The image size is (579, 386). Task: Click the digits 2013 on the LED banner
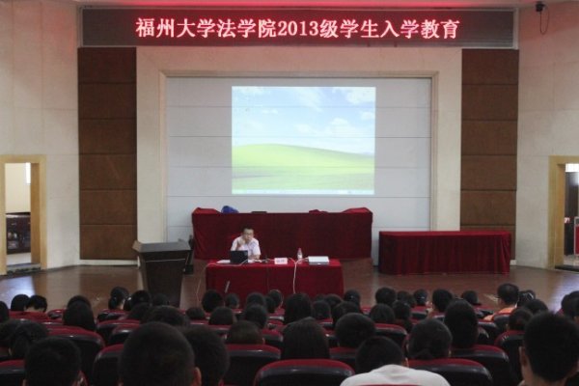click(298, 28)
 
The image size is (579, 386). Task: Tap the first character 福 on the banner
click(145, 28)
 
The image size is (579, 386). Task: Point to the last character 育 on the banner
click(450, 28)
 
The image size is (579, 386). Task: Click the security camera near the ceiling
click(540, 7)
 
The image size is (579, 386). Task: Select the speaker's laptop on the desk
click(238, 257)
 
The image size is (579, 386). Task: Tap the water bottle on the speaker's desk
click(299, 254)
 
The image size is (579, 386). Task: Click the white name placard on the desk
click(281, 261)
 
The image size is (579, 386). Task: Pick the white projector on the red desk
click(317, 260)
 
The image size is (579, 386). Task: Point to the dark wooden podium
click(162, 269)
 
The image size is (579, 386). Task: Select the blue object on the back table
click(230, 208)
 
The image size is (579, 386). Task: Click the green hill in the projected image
click(303, 166)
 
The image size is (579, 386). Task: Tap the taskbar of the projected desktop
click(303, 192)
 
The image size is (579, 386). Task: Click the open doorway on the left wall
click(17, 213)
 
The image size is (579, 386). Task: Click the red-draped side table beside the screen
click(445, 252)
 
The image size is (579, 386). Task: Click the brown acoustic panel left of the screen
click(107, 152)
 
